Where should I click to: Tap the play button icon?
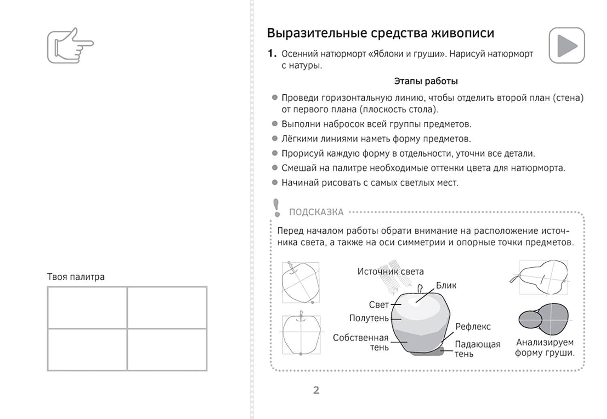567,45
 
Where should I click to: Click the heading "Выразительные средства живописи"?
380,33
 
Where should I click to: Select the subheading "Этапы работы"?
426,81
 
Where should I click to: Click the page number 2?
316,390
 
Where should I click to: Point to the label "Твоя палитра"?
76,277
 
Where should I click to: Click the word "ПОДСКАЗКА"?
316,212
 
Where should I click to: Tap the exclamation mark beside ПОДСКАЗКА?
277,207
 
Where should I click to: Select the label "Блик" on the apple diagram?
446,285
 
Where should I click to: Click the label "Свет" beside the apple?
378,304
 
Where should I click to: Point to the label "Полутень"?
369,318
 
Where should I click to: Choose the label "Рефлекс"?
473,326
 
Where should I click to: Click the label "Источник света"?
390,272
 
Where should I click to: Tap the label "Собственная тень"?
361,342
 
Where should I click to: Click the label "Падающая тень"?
477,349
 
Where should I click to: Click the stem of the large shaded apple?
420,289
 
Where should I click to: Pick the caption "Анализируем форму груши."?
545,347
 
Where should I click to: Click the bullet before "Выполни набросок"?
275,124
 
